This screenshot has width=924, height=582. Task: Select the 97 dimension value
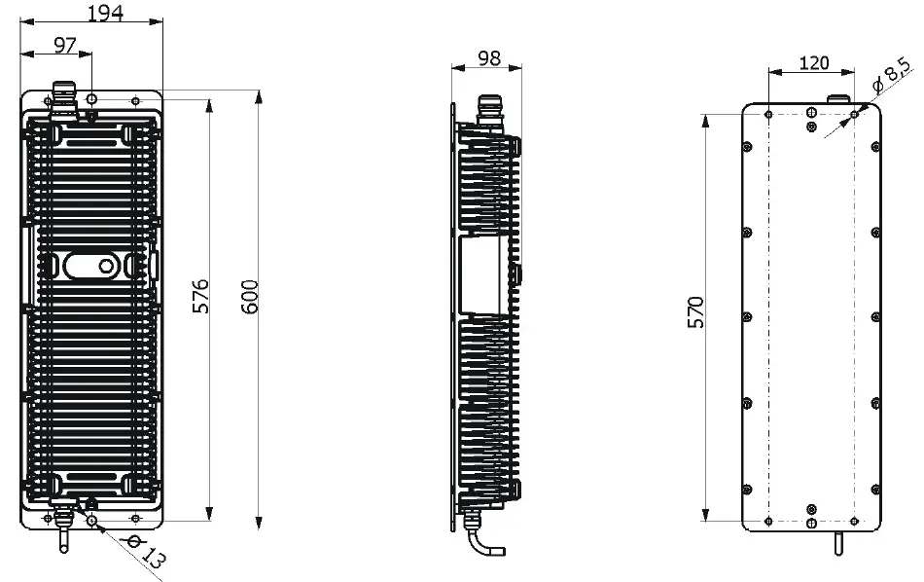coord(66,44)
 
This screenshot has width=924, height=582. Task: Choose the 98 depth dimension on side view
coord(489,58)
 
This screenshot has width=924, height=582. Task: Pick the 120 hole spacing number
coord(813,63)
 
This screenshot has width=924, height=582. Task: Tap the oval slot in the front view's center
coord(89,265)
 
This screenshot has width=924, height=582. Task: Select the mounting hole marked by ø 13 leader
coord(91,521)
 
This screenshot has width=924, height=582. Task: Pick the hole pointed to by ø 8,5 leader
coord(855,114)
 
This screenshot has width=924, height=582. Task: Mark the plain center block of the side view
coord(484,276)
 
